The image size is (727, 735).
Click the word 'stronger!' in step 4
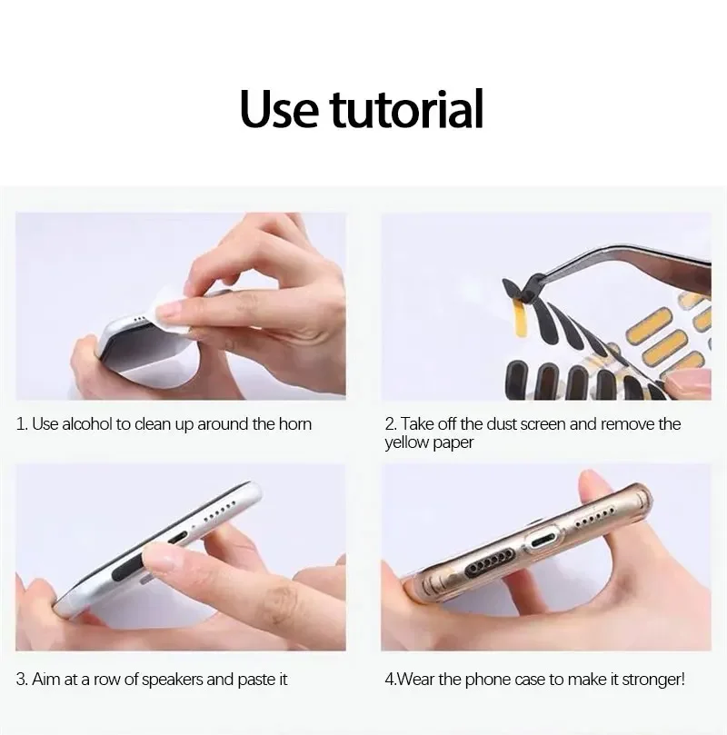point(652,679)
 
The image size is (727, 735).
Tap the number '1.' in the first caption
point(22,424)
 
